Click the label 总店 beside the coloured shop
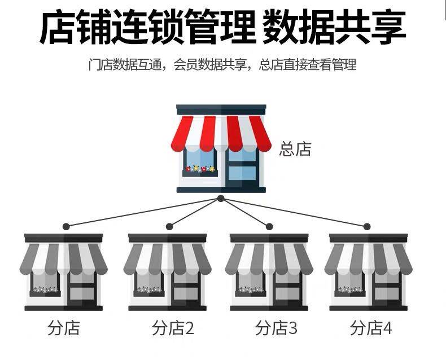pos(295,149)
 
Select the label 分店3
pos(276,328)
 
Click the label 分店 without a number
pos(64,328)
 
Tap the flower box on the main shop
pos(199,169)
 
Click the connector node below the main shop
pos(221,199)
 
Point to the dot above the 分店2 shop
pos(169,226)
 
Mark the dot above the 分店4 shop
pos(367,226)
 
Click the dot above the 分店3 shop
pos(269,226)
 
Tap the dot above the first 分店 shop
pos(66,226)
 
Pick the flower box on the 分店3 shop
pos(250,291)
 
